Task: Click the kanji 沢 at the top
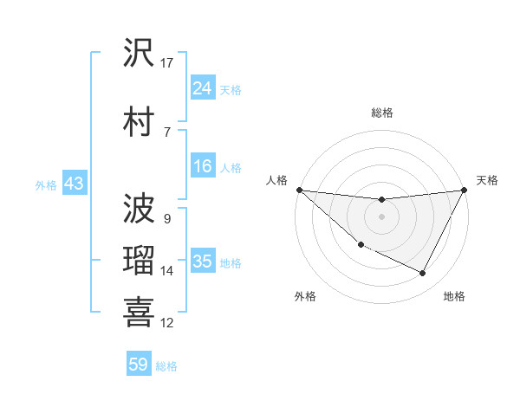139,54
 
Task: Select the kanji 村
139,122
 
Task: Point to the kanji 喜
139,313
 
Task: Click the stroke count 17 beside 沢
167,62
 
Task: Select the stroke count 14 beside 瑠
167,271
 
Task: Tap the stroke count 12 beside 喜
167,323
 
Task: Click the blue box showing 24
202,88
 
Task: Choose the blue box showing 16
202,167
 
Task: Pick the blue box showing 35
202,262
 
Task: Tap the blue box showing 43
74,184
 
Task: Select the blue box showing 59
138,365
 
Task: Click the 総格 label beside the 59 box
167,366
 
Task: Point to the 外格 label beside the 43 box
46,184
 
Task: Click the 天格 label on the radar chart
488,180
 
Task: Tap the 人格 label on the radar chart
277,180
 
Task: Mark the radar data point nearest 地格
423,274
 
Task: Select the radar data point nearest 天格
465,190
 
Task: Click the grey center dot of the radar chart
381,216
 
